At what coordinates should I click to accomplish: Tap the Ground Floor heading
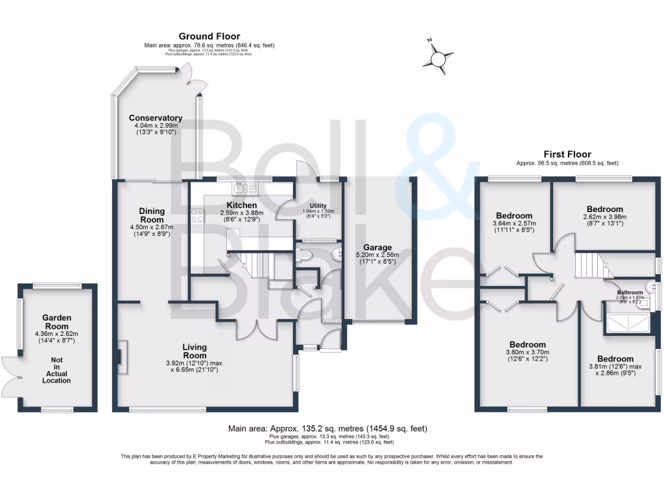point(209,36)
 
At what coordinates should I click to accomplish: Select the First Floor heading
point(567,154)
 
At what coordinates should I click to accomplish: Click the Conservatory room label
point(155,118)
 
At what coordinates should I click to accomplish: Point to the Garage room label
point(377,248)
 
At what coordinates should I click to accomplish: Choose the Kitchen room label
point(233,205)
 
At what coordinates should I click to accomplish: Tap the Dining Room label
point(152,215)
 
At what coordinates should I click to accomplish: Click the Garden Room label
point(57,322)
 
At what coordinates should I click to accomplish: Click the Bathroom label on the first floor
point(630,293)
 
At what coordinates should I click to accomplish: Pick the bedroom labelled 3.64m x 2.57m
point(514,216)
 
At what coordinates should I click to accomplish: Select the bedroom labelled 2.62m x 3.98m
point(605,209)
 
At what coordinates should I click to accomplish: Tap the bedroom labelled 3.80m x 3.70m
point(527,344)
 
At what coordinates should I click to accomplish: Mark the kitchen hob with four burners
point(197,215)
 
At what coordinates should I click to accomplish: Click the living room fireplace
point(120,357)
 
